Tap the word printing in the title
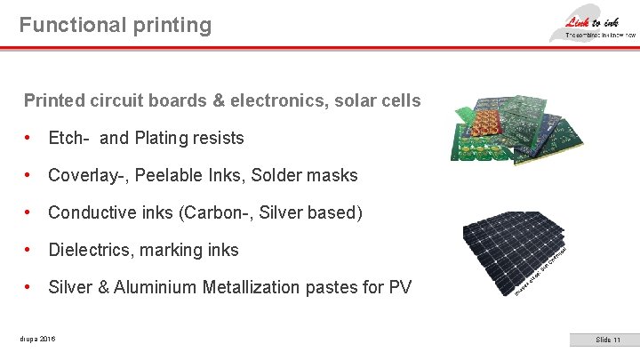(x=172, y=25)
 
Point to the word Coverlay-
(x=89, y=176)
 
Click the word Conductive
(x=92, y=213)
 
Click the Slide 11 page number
(x=609, y=340)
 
